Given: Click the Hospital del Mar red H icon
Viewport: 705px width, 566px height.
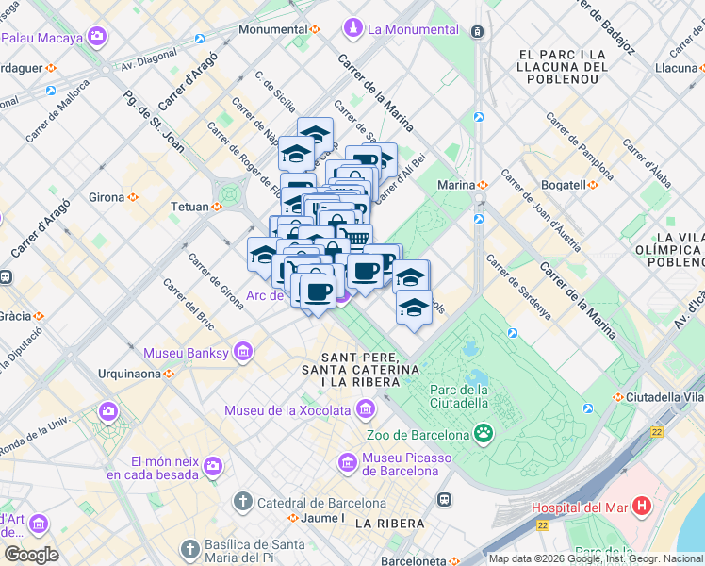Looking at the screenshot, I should point(643,507).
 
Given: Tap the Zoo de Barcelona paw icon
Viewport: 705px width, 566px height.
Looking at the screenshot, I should point(484,434).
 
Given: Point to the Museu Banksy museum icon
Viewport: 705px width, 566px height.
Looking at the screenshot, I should point(243,353).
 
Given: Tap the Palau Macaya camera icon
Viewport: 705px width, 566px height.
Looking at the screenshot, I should point(98,38).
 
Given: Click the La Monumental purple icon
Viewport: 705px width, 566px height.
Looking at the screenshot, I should point(353,29).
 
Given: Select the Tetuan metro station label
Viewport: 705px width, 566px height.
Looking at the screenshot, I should point(189,207).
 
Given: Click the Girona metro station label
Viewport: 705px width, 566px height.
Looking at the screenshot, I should point(107,197).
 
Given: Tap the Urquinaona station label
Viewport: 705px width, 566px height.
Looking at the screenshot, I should point(130,374).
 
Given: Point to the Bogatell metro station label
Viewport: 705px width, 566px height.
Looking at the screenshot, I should point(564,185).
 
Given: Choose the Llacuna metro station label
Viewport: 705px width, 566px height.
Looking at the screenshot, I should point(675,68).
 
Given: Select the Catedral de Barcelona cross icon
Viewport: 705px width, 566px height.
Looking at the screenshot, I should point(242,502).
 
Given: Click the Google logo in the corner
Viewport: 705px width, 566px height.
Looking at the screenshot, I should point(31,554).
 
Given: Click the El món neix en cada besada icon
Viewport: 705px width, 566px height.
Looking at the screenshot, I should point(213,466).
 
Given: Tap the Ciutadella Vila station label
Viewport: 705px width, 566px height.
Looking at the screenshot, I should point(660,397).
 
